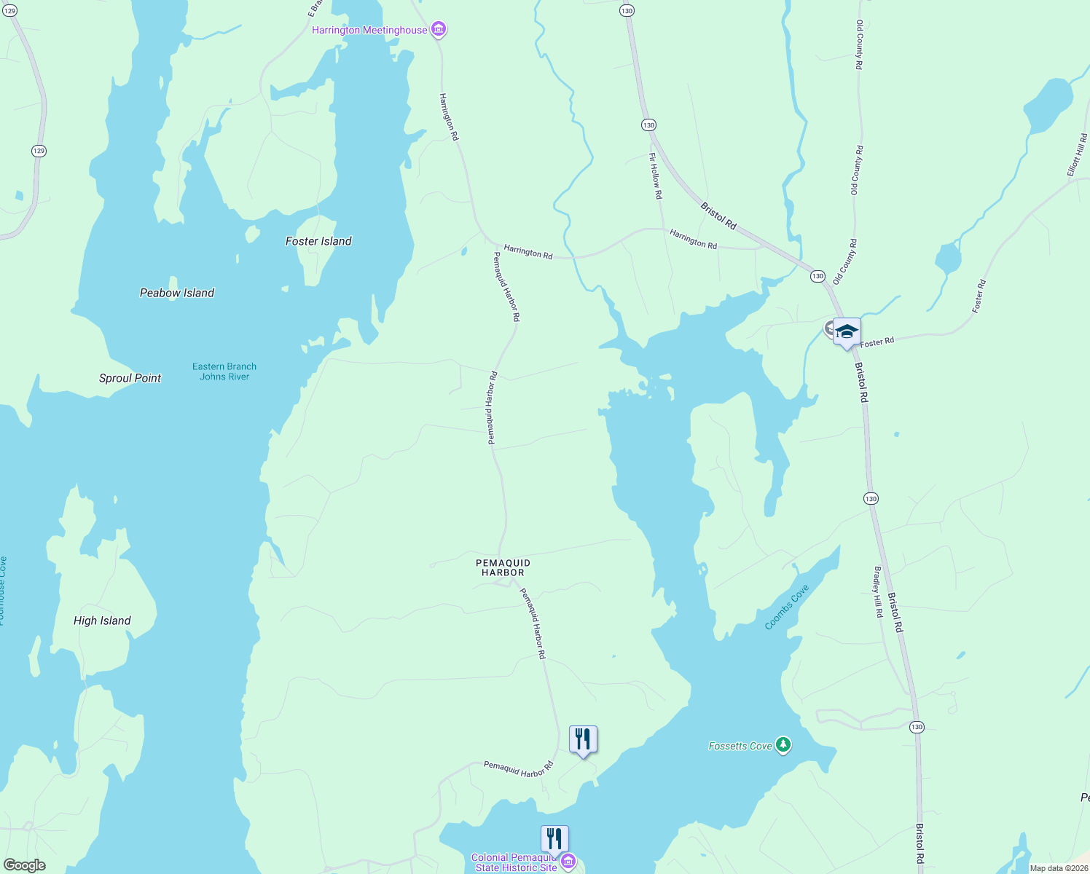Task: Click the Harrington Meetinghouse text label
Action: coord(369,30)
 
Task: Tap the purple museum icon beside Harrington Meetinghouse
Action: coord(439,30)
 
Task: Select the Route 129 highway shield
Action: coord(39,151)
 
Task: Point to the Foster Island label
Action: coord(318,241)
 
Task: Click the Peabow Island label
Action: coord(177,293)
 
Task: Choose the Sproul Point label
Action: coord(130,378)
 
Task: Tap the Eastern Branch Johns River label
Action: coord(224,371)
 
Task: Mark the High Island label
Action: coord(102,621)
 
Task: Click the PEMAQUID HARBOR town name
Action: coord(503,567)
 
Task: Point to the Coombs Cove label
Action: coord(787,607)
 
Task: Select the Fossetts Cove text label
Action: coord(740,746)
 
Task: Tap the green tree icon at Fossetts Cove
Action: coord(783,745)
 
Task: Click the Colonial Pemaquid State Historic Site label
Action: coord(515,862)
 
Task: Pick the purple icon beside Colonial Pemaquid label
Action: coord(568,862)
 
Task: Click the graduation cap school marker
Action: coord(847,332)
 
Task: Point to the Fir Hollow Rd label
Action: coord(656,176)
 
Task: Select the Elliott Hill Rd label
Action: coord(1077,154)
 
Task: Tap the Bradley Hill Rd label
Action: coord(878,592)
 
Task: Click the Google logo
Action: coord(24,865)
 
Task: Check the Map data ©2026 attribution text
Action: coord(1059,868)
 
